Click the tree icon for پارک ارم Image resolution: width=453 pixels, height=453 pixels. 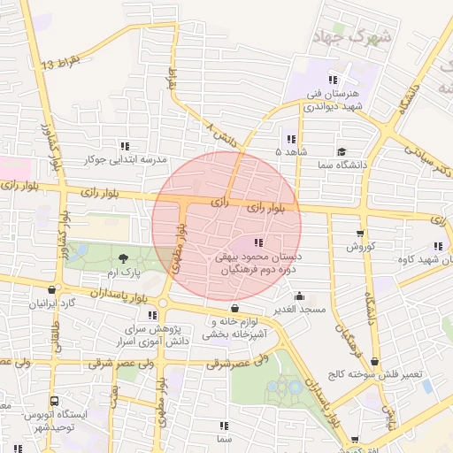122,257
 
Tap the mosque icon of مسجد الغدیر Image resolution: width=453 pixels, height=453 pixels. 300,297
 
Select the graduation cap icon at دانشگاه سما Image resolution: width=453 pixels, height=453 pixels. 342,152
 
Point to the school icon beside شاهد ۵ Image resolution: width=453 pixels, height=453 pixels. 291,139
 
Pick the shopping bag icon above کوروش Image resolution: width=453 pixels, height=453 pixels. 360,234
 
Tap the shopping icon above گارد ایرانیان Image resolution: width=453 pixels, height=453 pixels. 53,289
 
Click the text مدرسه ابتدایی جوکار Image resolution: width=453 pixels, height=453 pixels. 125,160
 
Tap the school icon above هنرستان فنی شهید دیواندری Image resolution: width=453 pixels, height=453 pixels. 333,80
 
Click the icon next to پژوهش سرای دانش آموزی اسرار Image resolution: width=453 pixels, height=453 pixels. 153,314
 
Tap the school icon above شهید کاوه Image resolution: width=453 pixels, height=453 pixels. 436,247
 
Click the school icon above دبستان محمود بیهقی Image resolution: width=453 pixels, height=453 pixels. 258,242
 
